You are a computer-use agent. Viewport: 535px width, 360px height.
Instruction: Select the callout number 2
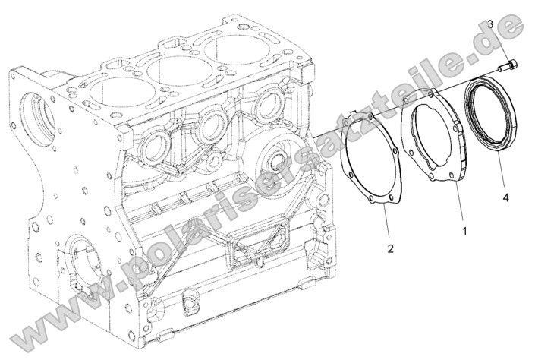point(390,248)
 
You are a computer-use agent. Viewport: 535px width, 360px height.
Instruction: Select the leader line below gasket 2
point(385,225)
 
